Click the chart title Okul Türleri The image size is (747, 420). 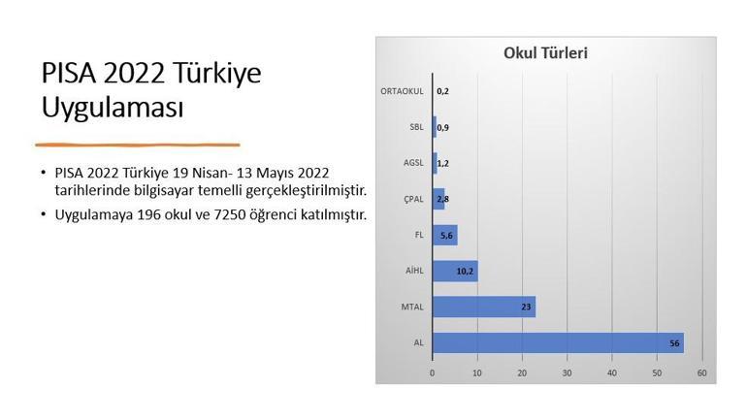[545, 53]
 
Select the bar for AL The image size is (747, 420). [558, 342]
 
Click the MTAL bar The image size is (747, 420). [483, 307]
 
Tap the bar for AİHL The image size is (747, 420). [455, 271]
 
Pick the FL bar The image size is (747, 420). [444, 235]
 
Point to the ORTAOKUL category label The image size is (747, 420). [402, 91]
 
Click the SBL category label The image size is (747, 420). [415, 127]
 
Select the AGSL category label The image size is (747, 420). [413, 163]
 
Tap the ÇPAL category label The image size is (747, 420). [413, 199]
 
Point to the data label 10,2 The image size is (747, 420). [465, 272]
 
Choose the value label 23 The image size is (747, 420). [525, 307]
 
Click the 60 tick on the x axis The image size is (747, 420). [701, 372]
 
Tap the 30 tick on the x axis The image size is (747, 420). [568, 372]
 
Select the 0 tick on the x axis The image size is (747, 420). [433, 372]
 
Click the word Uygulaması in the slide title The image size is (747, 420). [113, 108]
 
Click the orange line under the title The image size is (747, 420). [138, 144]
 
